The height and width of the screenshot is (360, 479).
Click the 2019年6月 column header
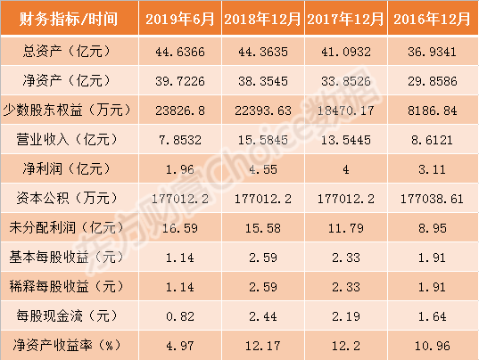[x=180, y=19]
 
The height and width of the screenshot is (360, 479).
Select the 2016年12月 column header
[x=432, y=19]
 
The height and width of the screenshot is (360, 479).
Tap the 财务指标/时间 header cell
[x=69, y=19]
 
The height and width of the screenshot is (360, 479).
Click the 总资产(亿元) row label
[x=67, y=51]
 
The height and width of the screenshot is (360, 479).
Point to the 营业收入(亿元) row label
[x=67, y=139]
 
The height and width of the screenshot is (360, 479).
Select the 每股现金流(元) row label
[x=67, y=315]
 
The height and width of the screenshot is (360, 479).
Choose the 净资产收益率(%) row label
[x=67, y=346]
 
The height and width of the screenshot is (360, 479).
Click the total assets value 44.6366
[x=180, y=52]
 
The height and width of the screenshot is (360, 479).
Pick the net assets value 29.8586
[x=433, y=81]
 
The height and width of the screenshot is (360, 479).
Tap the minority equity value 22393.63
[x=263, y=110]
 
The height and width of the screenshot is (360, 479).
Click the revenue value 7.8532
[x=180, y=140]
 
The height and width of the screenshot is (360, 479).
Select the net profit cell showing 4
[x=346, y=169]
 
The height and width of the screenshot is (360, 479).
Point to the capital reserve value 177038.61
[x=432, y=199]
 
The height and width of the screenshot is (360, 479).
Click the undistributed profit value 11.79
[x=346, y=228]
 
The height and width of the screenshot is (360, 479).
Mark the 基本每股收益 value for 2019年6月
[x=180, y=258]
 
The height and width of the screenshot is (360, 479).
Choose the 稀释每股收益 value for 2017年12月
[x=346, y=287]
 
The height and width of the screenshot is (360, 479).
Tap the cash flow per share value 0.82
[x=180, y=316]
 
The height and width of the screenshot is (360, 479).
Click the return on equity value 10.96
[x=433, y=346]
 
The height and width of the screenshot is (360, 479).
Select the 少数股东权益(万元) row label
[x=67, y=110]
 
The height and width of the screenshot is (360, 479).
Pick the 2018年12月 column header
[x=263, y=19]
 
